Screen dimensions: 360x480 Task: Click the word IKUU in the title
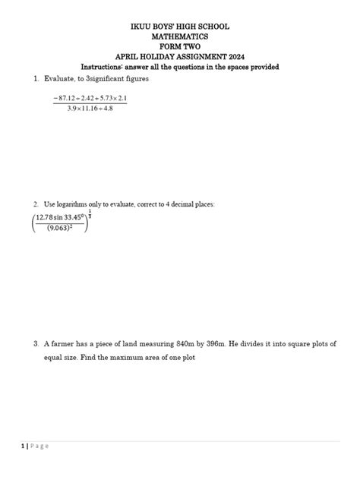pyautogui.click(x=142, y=27)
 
